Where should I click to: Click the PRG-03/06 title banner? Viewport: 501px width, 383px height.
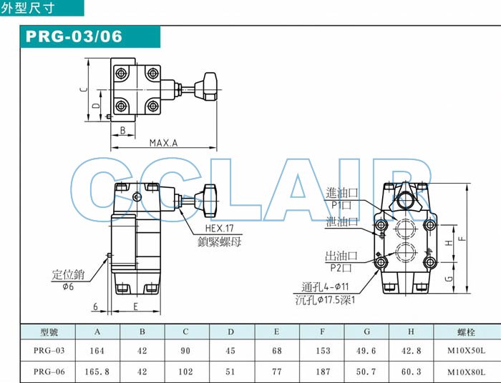pos(89,36)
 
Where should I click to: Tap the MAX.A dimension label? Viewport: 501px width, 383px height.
pos(163,142)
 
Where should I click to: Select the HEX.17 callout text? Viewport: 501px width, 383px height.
pos(219,228)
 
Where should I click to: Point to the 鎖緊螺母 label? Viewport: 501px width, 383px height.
pos(219,242)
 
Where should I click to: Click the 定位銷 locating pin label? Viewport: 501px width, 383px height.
pos(68,274)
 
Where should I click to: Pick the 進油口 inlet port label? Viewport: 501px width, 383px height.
pos(341,193)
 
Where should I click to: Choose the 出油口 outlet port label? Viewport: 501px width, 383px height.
pos(341,256)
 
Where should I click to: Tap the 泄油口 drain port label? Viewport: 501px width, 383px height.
pos(342,222)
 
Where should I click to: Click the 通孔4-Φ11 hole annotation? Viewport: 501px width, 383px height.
pos(325,287)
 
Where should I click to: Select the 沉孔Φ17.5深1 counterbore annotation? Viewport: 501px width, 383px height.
pos(325,300)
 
